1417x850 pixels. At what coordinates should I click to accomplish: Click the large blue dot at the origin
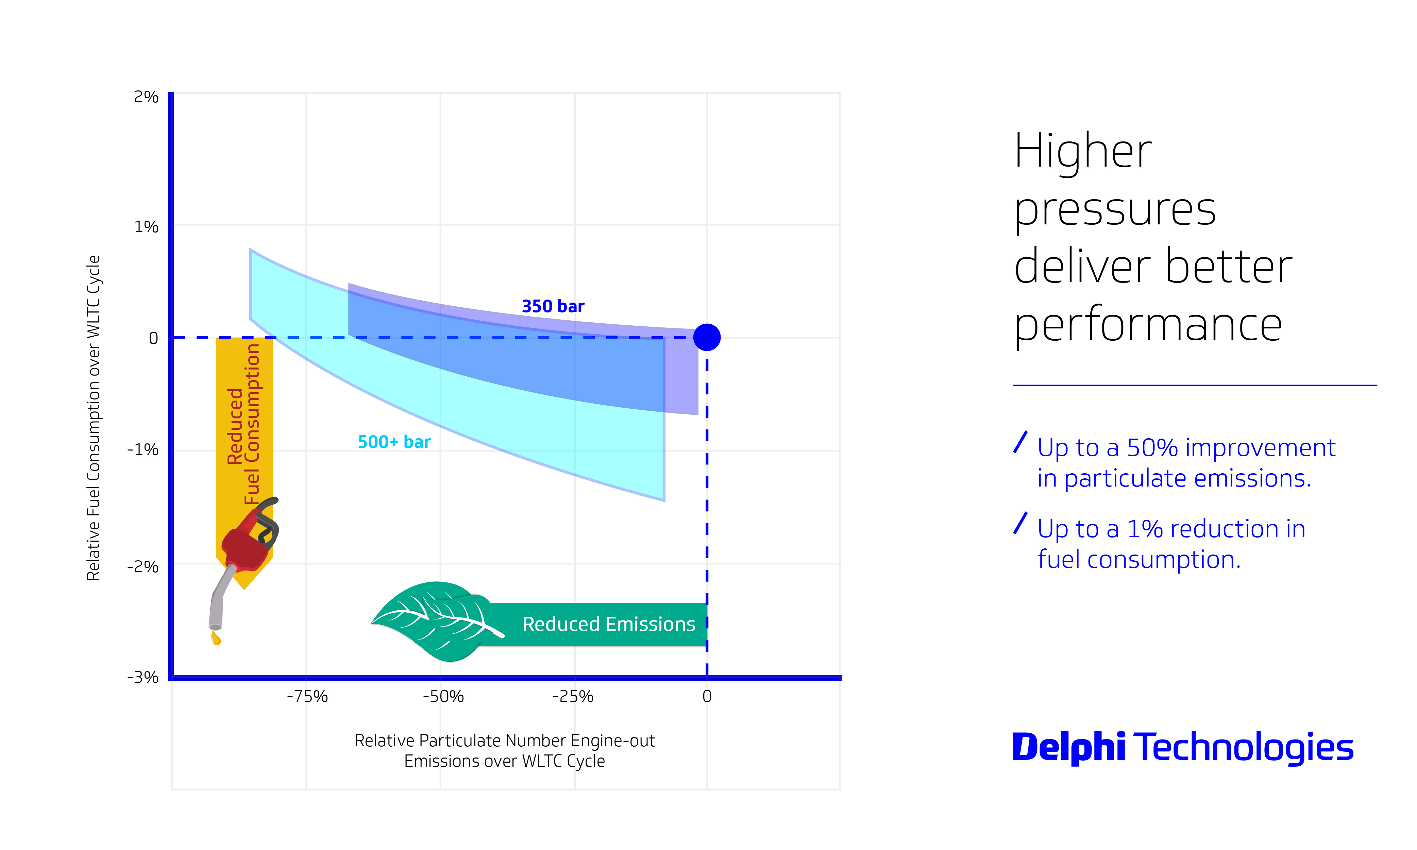tap(706, 337)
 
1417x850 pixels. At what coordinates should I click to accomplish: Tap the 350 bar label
tap(553, 306)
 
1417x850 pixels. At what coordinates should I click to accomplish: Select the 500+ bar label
tap(394, 442)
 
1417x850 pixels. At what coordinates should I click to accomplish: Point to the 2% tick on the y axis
tap(146, 97)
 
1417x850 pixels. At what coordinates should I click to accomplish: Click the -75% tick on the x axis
tap(307, 697)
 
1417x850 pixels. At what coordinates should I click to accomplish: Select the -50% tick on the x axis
tap(443, 697)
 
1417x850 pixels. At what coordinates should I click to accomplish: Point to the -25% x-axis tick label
tap(573, 697)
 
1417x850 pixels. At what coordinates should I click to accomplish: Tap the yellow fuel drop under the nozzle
tap(216, 638)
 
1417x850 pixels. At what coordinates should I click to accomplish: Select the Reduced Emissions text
tap(608, 624)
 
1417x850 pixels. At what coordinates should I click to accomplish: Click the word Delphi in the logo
tap(1068, 747)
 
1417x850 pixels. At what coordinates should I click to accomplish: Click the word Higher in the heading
tap(1082, 151)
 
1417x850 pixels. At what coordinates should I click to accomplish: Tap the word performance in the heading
tap(1148, 325)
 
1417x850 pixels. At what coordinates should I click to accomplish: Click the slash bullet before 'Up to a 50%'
tap(1020, 442)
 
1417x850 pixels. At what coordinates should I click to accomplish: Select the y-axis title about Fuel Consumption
tap(94, 418)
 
